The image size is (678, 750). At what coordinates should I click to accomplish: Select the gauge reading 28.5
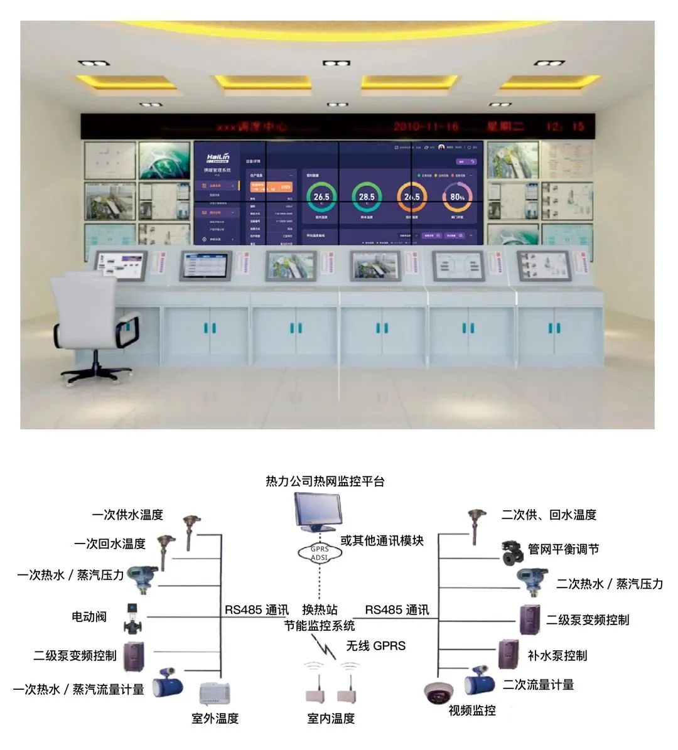(367, 196)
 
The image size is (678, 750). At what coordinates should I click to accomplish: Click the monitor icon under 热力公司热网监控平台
(318, 512)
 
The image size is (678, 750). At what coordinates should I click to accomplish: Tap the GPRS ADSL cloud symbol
(319, 553)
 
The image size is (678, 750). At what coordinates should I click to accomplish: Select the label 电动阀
(89, 617)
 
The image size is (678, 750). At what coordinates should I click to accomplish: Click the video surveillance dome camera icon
(439, 694)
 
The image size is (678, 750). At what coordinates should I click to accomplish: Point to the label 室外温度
(215, 719)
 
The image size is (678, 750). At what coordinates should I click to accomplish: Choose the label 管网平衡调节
(564, 549)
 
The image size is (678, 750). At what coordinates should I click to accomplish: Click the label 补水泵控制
(557, 656)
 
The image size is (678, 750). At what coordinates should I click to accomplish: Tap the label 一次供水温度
(127, 515)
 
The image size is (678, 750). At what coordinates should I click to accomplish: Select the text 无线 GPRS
(376, 646)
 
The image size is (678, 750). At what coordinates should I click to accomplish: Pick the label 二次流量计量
(538, 685)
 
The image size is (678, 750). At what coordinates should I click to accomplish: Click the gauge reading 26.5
(321, 196)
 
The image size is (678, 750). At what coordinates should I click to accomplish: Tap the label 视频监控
(472, 710)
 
